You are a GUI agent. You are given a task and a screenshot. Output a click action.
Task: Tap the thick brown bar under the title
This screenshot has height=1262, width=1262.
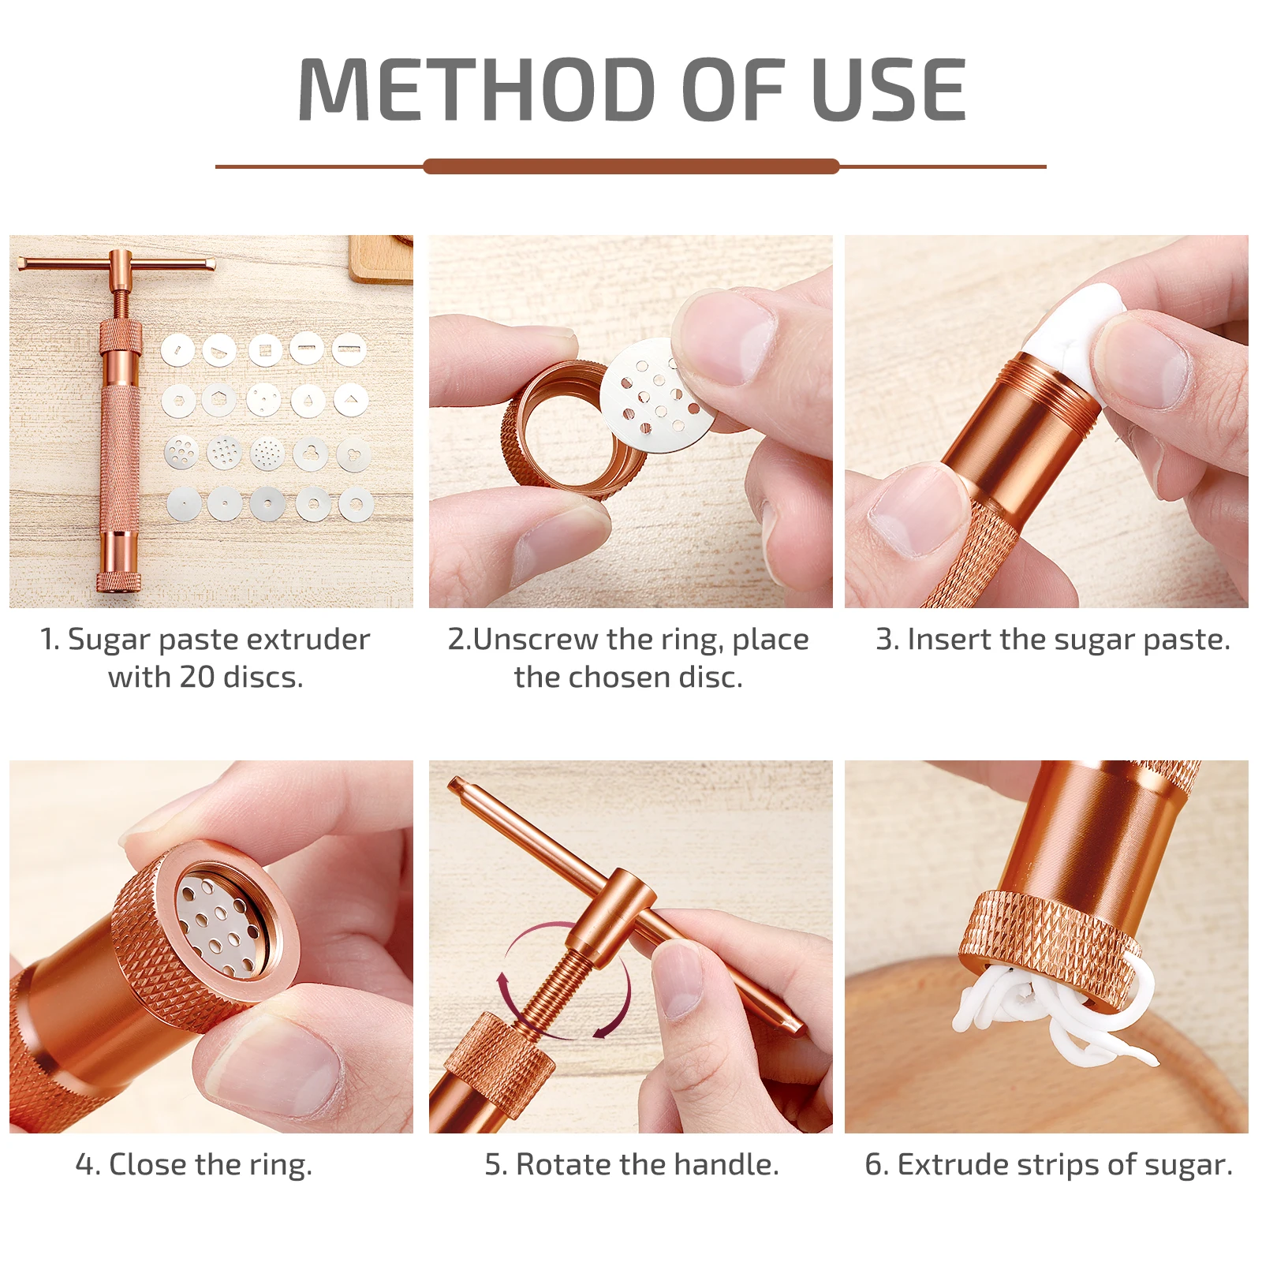coord(631,166)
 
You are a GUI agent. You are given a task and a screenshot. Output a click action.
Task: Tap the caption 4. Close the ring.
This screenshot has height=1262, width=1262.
coord(194,1165)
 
